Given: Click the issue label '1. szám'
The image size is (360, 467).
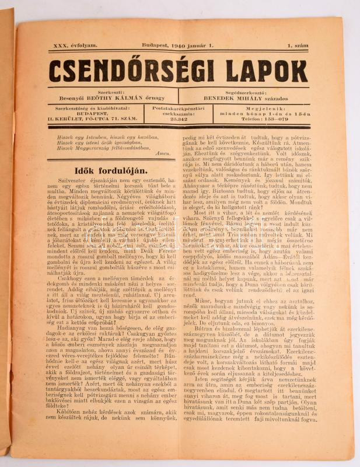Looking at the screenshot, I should point(298,44).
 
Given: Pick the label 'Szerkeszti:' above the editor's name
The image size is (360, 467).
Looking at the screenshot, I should point(111,92).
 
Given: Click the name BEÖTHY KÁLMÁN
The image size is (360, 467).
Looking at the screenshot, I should point(130,98).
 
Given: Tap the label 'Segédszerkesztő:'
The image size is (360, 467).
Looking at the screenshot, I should point(244,92).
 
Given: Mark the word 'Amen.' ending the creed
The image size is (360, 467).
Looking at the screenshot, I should point(163,154).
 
